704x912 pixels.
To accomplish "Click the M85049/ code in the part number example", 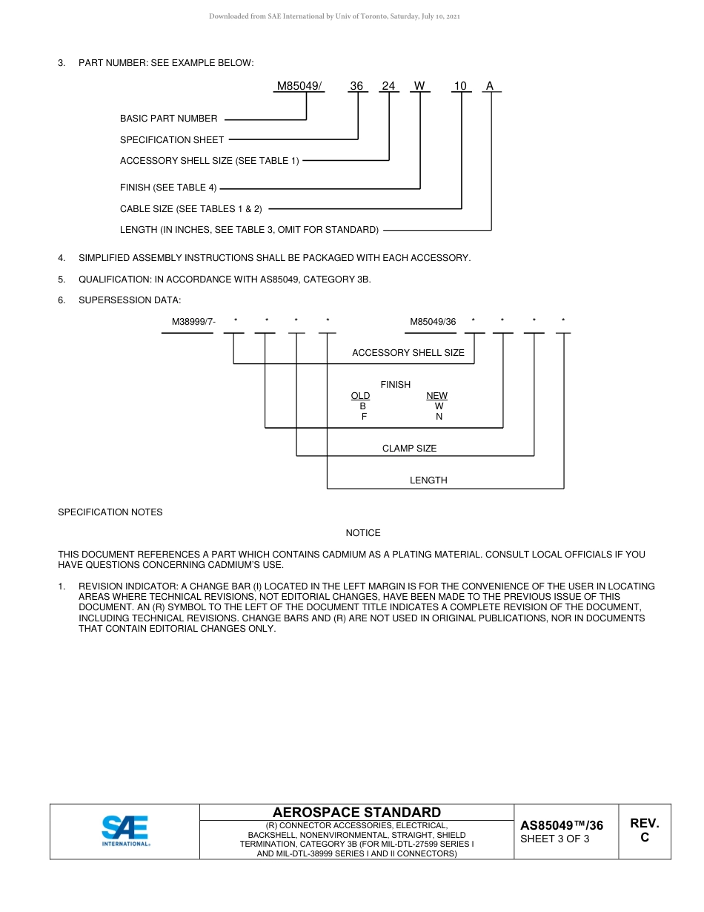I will point(299,86).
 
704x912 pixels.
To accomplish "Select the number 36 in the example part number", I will point(356,86).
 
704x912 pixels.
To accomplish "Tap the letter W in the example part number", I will point(419,86).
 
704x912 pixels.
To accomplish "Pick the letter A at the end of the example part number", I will point(489,86).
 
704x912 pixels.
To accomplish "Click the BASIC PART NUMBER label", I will point(169,119).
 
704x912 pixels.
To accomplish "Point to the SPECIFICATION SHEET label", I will point(172,139).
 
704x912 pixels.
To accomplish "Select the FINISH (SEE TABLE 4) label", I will point(168,188).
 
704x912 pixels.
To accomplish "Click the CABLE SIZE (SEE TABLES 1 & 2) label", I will point(191,209).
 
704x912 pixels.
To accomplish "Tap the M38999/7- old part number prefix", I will point(193,322).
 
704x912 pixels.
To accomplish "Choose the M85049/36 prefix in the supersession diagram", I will point(433,322).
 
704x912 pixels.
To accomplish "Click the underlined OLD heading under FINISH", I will point(360,396).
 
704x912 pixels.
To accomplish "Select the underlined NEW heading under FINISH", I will point(436,396).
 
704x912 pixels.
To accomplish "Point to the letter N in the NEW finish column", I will point(439,417).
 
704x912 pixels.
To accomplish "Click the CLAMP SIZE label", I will point(409,449).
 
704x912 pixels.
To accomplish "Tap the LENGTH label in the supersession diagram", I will point(428,480).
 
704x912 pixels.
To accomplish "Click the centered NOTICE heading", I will point(363,533).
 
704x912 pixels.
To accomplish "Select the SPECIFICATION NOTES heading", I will point(110,512).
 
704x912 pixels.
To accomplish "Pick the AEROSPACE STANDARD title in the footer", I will point(356,813).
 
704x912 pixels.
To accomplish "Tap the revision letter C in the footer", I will point(644,838).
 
